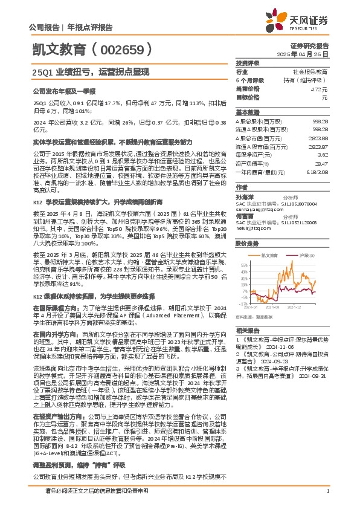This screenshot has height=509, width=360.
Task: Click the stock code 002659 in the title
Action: pyautogui.click(x=129, y=50)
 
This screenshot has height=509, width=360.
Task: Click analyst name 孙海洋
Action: pyautogui.click(x=245, y=196)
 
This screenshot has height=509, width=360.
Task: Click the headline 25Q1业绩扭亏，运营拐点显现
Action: pyautogui.click(x=90, y=72)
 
